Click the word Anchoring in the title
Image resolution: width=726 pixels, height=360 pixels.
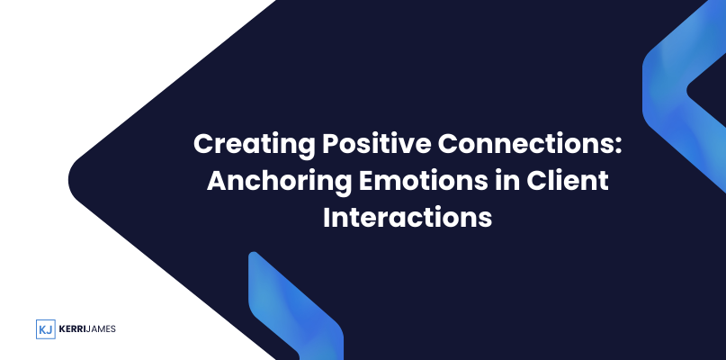pos(279,181)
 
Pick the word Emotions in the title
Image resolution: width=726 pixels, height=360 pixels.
pos(423,180)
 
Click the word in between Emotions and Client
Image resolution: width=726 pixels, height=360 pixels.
pos(506,180)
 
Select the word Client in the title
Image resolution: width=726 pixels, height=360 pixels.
pos(567,180)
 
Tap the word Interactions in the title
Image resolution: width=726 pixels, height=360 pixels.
pos(408,217)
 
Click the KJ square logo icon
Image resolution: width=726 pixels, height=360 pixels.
pos(46,329)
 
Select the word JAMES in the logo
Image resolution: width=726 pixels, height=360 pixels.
pos(101,329)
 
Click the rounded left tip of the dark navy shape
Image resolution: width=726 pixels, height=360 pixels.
pos(70,180)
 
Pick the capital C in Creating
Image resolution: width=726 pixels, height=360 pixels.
pos(204,144)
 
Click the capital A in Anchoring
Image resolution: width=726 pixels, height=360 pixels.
pos(218,181)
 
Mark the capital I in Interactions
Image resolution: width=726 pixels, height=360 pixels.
pos(327,218)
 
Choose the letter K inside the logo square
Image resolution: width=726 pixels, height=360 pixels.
pos(42,329)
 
